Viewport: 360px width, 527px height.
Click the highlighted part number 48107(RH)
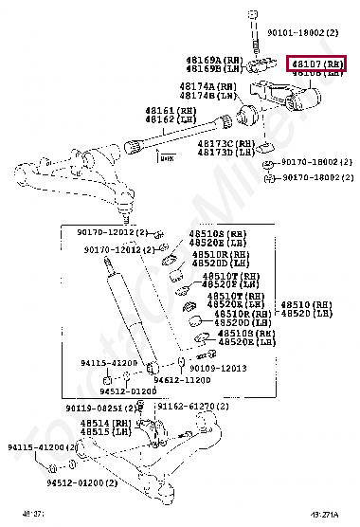pos(317,64)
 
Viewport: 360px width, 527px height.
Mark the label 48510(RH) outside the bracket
pos(306,304)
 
